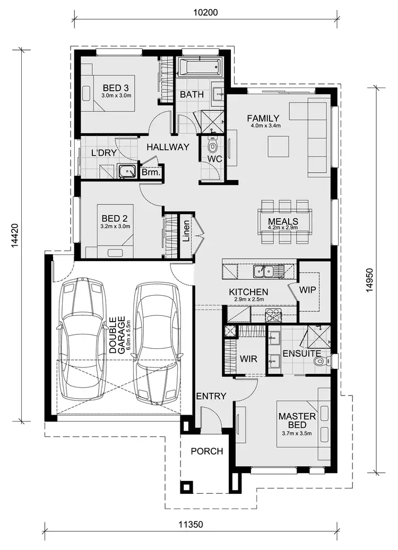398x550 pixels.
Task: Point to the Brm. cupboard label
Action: [151, 173]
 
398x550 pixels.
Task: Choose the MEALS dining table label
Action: [283, 221]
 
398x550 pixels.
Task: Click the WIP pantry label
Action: [308, 290]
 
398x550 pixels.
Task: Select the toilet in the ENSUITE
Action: [320, 362]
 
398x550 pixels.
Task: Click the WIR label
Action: [249, 359]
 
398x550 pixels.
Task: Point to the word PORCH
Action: [206, 451]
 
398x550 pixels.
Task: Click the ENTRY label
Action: [211, 396]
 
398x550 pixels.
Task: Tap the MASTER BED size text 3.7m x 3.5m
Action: [297, 434]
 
